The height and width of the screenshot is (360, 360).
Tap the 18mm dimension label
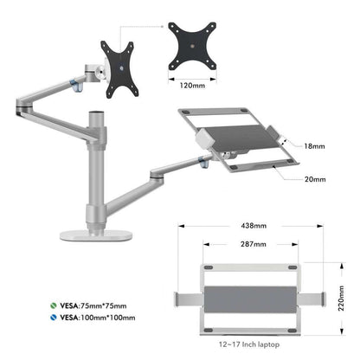click(314, 148)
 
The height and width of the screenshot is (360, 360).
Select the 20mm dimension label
click(314, 179)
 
